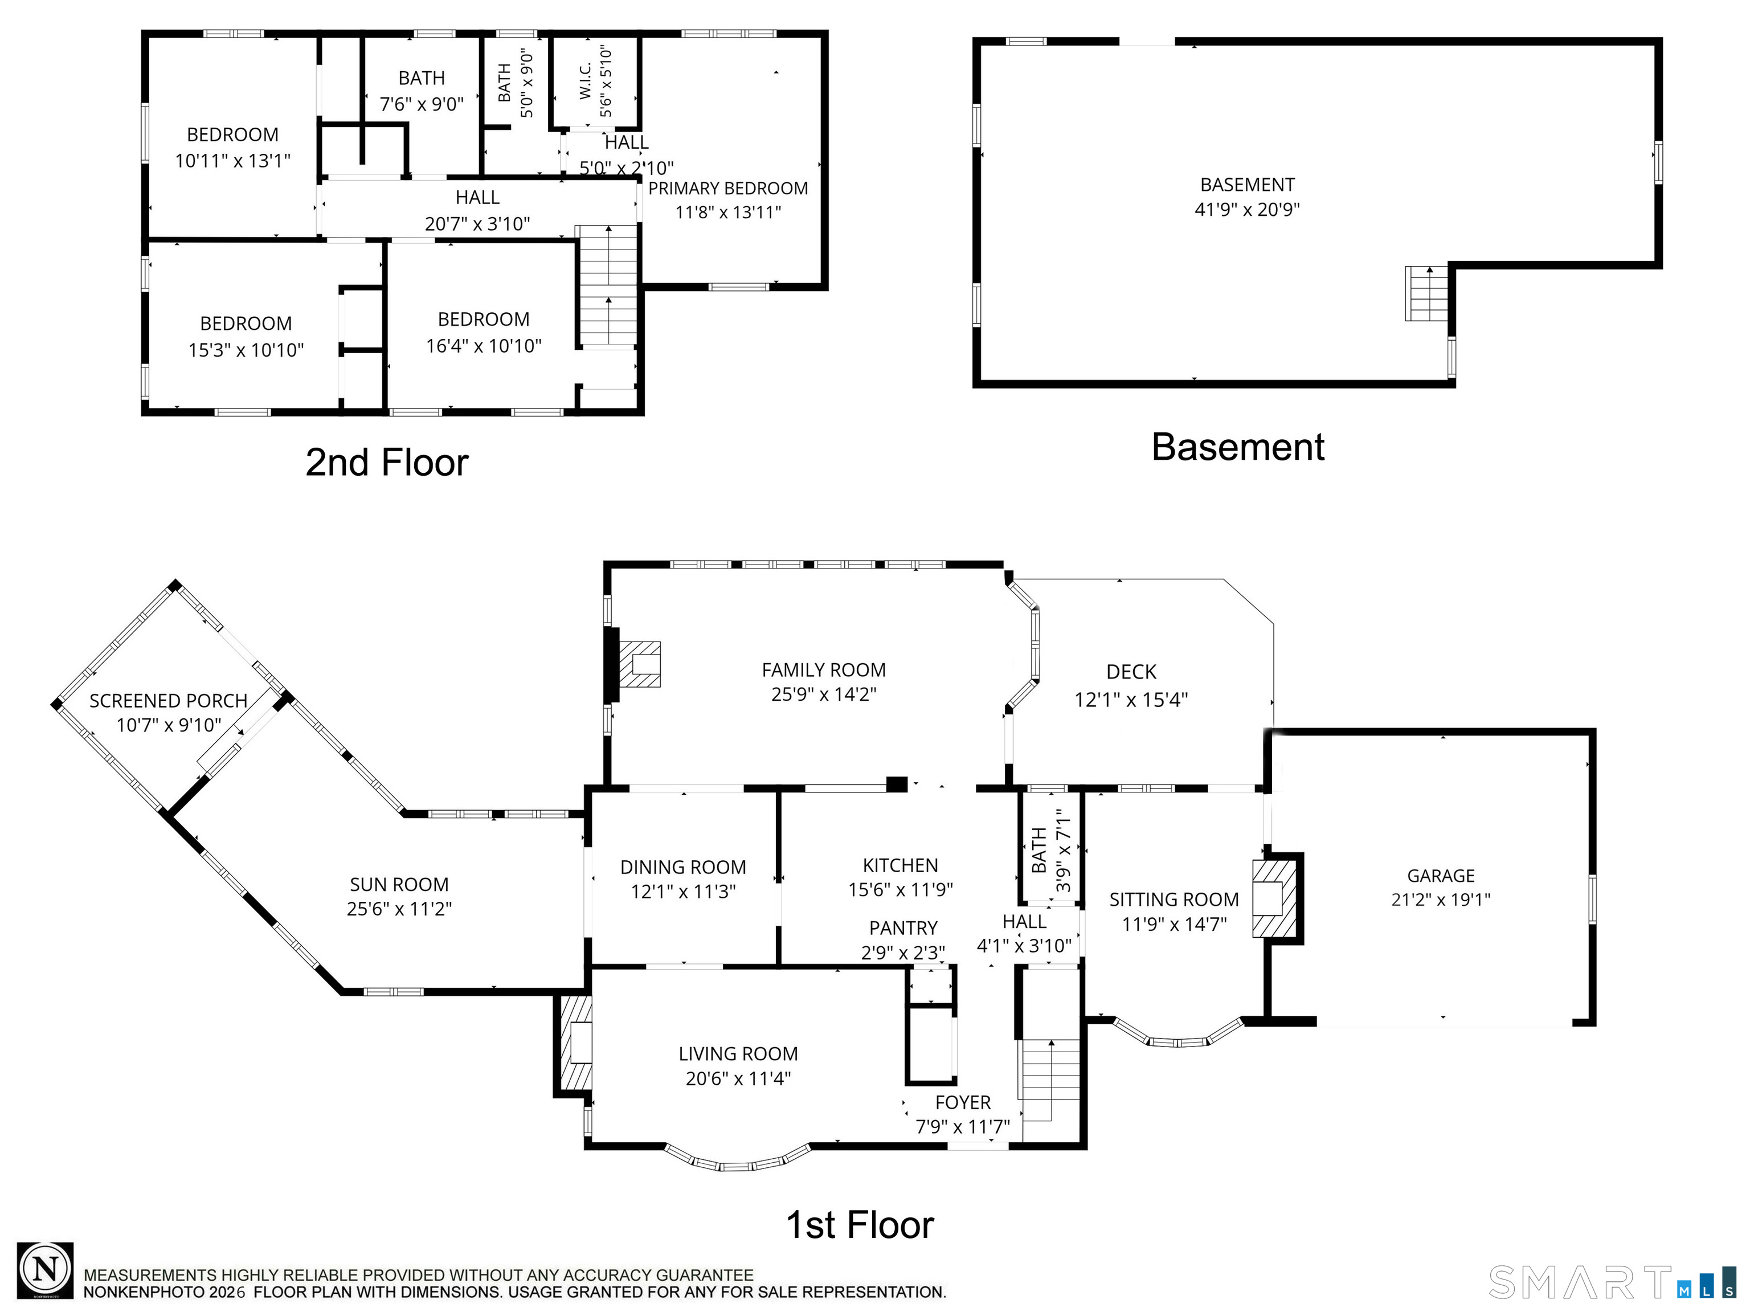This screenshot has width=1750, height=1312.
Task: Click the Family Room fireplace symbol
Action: point(639,663)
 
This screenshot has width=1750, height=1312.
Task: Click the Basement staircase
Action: point(1426,293)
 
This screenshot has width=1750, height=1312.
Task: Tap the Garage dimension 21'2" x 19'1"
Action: point(1441,900)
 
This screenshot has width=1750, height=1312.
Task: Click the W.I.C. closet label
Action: point(586,81)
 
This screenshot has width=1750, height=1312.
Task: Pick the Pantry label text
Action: point(903,927)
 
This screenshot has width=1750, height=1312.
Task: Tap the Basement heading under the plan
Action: point(1237,447)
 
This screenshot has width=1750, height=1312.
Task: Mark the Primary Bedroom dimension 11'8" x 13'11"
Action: point(728,212)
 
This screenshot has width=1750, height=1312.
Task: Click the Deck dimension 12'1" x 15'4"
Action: point(1131,700)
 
